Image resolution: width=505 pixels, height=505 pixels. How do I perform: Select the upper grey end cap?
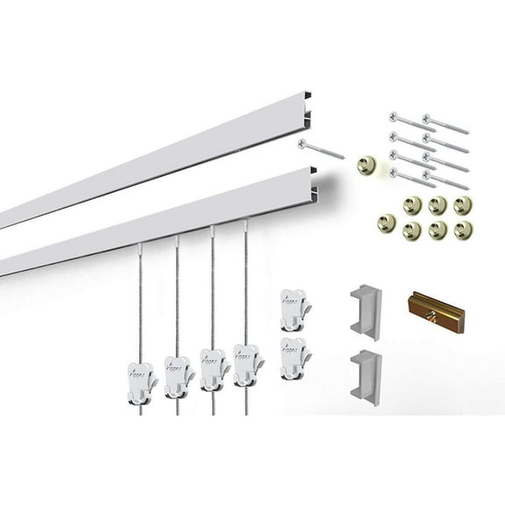[x=366, y=311]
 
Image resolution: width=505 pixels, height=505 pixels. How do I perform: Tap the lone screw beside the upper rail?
[x=321, y=149]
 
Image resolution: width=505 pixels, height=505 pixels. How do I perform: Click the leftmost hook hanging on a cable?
[x=141, y=382]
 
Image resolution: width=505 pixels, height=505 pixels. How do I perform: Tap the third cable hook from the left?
[x=212, y=368]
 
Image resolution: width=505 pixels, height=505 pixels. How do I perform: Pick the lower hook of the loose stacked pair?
[x=295, y=358]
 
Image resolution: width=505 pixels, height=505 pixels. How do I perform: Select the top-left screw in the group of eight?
[x=411, y=121]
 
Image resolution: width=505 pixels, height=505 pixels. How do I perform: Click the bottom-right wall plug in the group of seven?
[x=464, y=231]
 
